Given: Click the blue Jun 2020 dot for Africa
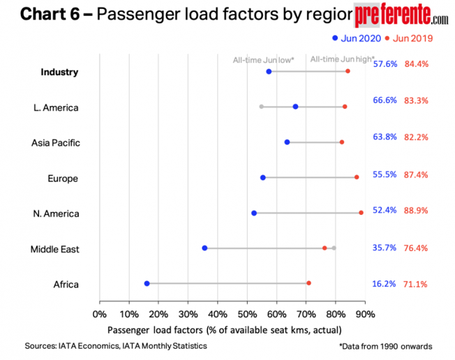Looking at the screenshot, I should pyautogui.click(x=147, y=283).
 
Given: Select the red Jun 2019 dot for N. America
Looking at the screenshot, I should pyautogui.click(x=361, y=213).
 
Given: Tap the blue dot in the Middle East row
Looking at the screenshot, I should pyautogui.click(x=204, y=248).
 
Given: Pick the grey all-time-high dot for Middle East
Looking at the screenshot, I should pyautogui.click(x=334, y=248).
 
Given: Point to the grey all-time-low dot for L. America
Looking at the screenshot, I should pyautogui.click(x=261, y=107).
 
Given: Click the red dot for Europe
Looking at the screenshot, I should pyautogui.click(x=357, y=177).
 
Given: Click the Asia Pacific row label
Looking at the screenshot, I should pyautogui.click(x=56, y=143).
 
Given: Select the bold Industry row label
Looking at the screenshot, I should pyautogui.click(x=59, y=72).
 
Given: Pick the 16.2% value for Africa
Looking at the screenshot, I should pyautogui.click(x=385, y=284).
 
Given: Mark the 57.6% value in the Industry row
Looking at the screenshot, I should pyautogui.click(x=385, y=64).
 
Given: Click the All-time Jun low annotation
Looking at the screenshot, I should pyautogui.click(x=263, y=60).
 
